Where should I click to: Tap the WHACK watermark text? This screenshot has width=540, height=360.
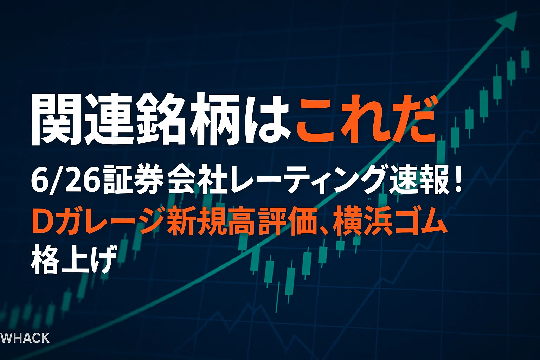click(x=25, y=338)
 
